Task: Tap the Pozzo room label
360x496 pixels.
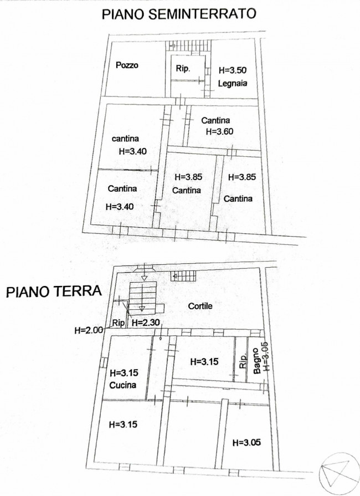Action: tap(127, 65)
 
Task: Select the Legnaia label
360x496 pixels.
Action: tap(232, 84)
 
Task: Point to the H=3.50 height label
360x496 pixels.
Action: tap(233, 71)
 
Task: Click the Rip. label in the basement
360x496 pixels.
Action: tap(183, 69)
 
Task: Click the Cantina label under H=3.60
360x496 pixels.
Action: tap(215, 120)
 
